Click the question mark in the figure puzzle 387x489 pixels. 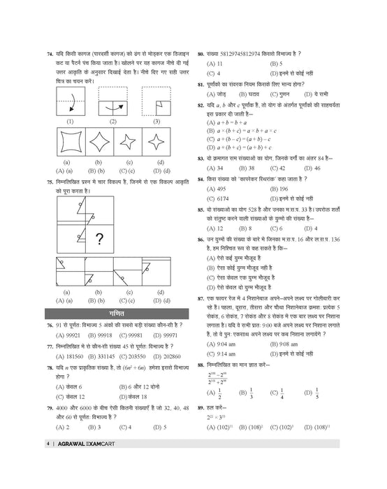[101, 240]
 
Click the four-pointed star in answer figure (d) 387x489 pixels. [161, 144]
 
